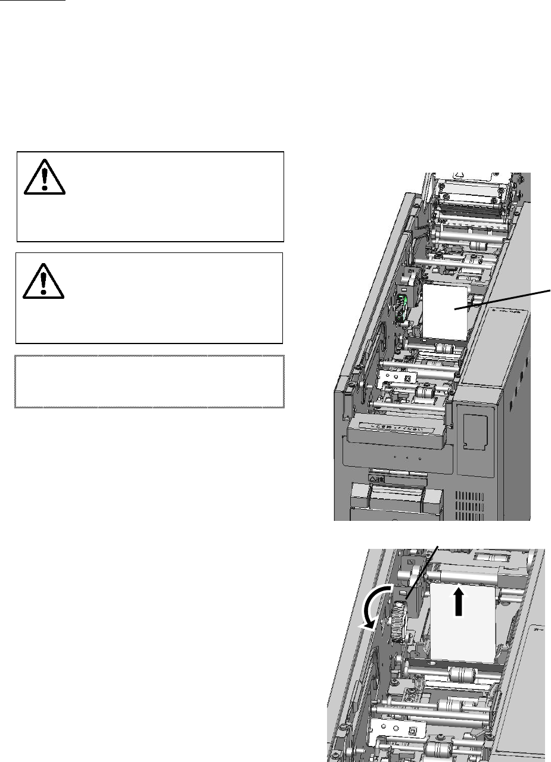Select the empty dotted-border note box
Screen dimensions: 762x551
[149, 382]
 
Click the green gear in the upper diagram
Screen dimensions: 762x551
[403, 307]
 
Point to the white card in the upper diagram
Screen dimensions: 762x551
[447, 313]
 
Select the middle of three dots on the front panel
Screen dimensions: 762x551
[407, 460]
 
